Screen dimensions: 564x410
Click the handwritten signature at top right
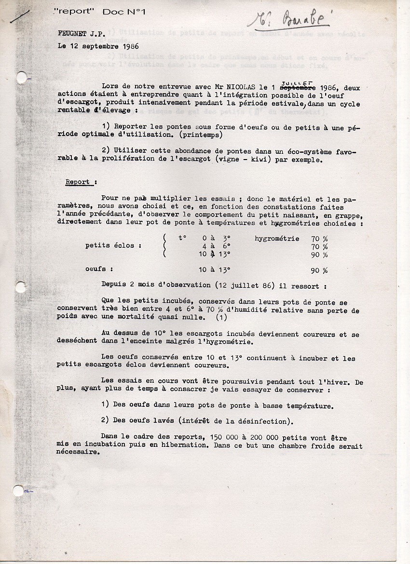289,18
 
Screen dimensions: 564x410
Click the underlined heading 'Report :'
81,182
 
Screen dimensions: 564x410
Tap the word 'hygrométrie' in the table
277,238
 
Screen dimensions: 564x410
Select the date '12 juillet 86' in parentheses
246,285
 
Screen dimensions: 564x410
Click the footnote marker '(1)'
221,318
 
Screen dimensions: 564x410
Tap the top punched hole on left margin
21,77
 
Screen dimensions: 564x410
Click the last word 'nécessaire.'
78,453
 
